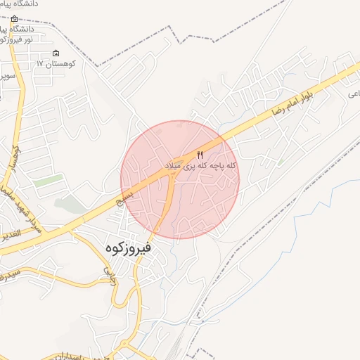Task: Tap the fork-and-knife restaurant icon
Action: tap(200, 155)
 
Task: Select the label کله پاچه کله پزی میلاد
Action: tap(200, 166)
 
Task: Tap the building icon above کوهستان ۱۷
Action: tap(56, 53)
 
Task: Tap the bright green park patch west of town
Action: tap(48, 181)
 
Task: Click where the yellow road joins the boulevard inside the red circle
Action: tap(172, 176)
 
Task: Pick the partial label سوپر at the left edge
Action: tap(7, 75)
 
